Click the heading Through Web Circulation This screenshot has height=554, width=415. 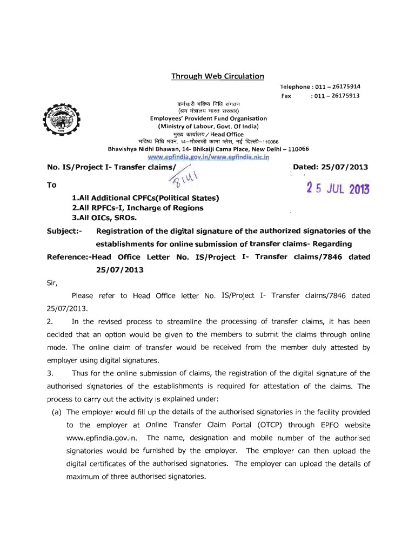point(218,76)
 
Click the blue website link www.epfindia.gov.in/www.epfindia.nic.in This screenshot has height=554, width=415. point(208,156)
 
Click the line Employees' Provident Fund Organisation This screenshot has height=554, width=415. point(208,118)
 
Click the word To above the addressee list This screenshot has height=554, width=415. point(52,184)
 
